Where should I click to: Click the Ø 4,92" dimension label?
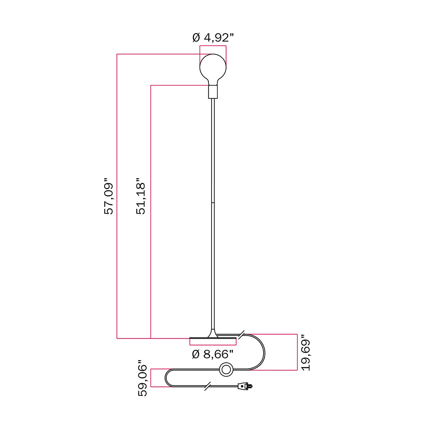pyautogui.click(x=213, y=37)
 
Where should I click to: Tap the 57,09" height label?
pyautogui.click(x=109, y=196)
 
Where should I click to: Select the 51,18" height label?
pyautogui.click(x=141, y=196)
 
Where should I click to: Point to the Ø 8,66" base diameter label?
pyautogui.click(x=213, y=354)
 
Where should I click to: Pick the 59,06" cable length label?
pyautogui.click(x=143, y=378)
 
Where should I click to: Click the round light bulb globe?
pyautogui.click(x=213, y=68)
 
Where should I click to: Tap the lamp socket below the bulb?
pyautogui.click(x=213, y=92)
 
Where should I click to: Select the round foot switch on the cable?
pyautogui.click(x=226, y=369)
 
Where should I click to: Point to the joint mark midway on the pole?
pyautogui.click(x=213, y=203)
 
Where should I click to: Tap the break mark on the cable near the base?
pyautogui.click(x=242, y=335)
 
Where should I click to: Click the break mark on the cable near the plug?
pyautogui.click(x=207, y=386)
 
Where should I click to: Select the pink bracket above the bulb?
pyautogui.click(x=213, y=46)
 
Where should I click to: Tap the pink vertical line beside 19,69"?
pyautogui.click(x=297, y=352)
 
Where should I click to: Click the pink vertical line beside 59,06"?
pyautogui.click(x=151, y=378)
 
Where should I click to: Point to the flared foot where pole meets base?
pyautogui.click(x=213, y=334)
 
